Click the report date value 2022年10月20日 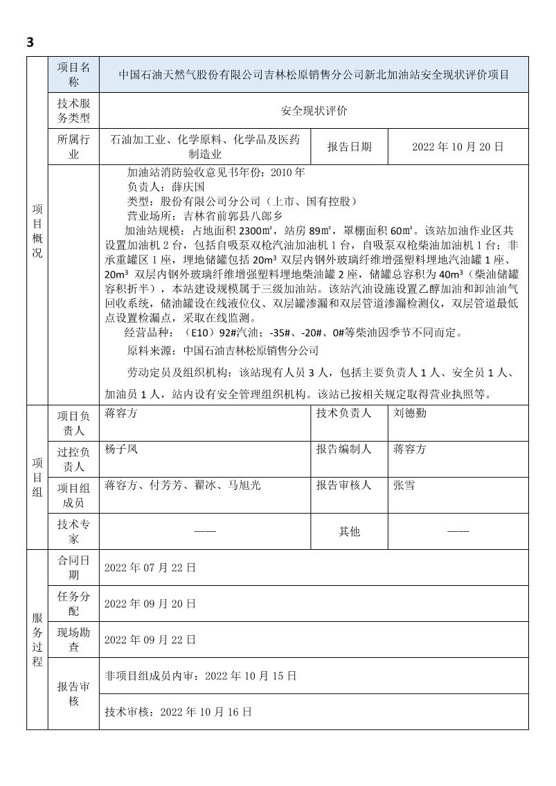(457, 147)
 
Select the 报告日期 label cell (349, 147)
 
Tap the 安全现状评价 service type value (314, 110)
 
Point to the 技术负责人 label (344, 413)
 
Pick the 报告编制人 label (344, 449)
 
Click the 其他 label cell (349, 531)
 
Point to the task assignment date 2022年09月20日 (150, 603)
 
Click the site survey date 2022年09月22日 (150, 639)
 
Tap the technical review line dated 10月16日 (178, 711)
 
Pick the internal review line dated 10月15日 (200, 675)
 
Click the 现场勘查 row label (73, 639)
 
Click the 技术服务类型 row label (73, 110)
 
